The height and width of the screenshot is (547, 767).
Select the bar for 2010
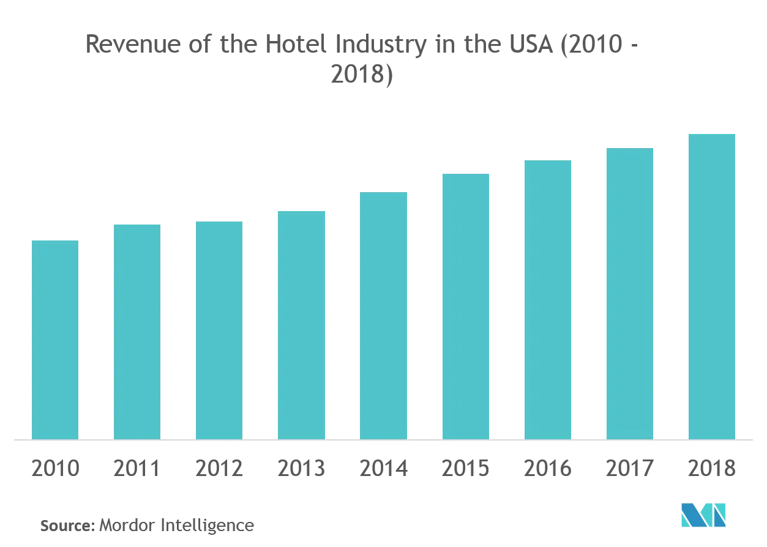[55, 340]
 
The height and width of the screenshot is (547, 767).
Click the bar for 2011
[137, 332]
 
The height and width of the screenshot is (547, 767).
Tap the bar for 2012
[219, 330]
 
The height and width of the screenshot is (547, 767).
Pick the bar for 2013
[301, 325]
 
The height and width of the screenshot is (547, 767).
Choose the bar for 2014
[383, 316]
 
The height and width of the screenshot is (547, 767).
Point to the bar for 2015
[465, 307]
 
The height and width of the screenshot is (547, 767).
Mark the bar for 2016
[547, 300]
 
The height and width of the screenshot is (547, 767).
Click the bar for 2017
[629, 294]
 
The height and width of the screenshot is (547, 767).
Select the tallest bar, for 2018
[711, 286]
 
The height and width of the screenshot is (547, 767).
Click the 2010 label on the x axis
[55, 469]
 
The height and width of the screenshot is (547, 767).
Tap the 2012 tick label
[219, 469]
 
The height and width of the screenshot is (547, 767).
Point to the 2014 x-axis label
[383, 469]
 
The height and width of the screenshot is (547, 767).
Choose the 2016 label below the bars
[547, 469]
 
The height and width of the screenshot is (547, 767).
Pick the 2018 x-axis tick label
[711, 469]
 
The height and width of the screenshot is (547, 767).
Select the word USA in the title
[524, 45]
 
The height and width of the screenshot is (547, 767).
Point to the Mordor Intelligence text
[176, 525]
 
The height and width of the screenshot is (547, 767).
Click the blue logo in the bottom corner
[703, 515]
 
